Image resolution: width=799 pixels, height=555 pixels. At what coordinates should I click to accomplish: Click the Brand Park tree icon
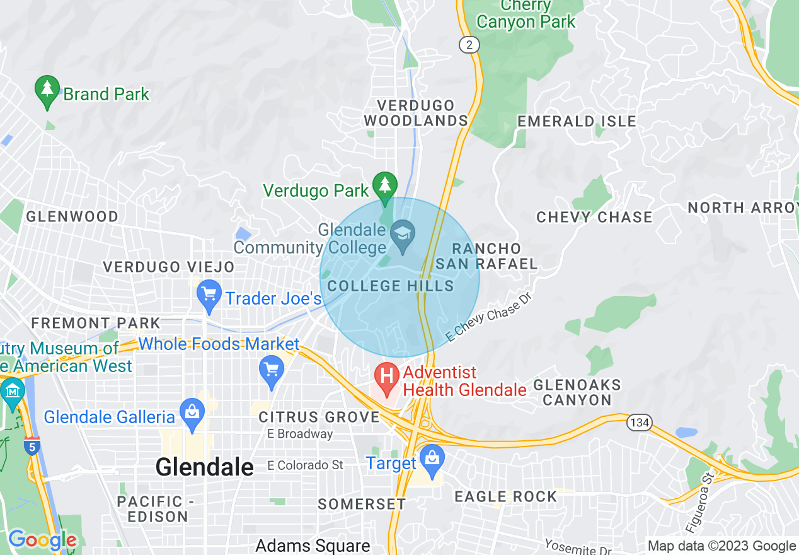point(47,90)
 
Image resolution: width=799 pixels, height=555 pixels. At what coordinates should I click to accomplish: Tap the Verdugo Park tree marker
point(384,186)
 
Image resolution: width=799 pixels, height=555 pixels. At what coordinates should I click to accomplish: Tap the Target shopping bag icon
point(432,459)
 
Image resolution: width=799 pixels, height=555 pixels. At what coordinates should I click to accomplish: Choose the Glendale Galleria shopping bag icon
point(192,413)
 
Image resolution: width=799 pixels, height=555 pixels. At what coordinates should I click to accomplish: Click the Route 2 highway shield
point(469,45)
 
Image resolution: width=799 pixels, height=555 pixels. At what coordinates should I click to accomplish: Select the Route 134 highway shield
point(639,422)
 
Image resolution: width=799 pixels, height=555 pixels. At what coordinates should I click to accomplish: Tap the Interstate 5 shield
point(32,446)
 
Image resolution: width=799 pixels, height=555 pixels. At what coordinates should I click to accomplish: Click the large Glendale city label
point(204,467)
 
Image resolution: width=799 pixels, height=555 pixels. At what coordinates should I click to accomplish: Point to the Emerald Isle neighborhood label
point(577,121)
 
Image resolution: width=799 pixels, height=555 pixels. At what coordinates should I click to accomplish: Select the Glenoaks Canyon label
point(577,392)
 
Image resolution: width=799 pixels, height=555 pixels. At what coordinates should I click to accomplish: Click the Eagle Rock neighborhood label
point(506,496)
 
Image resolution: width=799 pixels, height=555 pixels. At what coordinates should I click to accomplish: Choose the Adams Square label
point(313,546)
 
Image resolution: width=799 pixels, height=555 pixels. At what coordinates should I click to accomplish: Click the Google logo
point(42,540)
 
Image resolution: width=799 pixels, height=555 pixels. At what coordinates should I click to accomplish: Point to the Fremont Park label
point(96,323)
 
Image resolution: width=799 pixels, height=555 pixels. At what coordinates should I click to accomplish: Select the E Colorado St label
point(305,465)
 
